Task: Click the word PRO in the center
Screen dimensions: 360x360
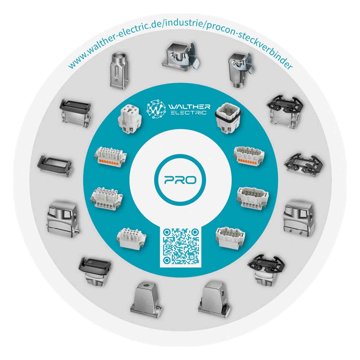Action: pyautogui.click(x=180, y=180)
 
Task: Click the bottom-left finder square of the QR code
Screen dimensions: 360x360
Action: pyautogui.click(x=167, y=260)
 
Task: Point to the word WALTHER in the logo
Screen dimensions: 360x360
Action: pyautogui.click(x=189, y=107)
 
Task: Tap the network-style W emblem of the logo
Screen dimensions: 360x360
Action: pyautogui.click(x=156, y=109)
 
